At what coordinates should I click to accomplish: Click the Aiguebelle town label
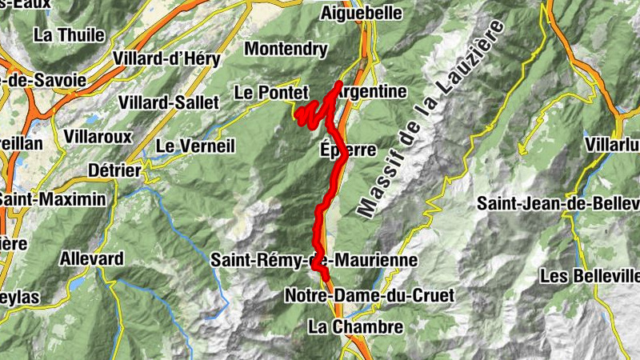[x=358, y=13]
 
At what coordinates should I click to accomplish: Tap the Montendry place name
[x=286, y=50]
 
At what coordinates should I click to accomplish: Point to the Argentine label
[x=372, y=92]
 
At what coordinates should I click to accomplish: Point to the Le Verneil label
[x=195, y=146]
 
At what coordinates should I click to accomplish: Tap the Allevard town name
[x=92, y=258]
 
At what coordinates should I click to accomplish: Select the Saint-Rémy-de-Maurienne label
[x=314, y=260]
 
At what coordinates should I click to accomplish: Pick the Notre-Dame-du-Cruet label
[x=369, y=296]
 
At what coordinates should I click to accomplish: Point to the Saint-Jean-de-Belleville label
[x=559, y=203]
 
